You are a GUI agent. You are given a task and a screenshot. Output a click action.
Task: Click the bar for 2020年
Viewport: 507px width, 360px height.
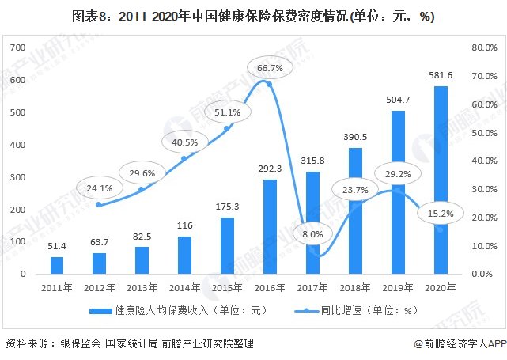point(441,180)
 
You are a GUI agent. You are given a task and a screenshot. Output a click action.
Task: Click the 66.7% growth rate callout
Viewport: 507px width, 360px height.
point(271,69)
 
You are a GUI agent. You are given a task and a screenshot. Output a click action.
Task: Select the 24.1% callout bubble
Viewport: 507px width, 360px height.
point(100,189)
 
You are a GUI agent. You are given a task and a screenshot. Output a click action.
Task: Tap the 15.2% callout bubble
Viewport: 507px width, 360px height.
point(440,212)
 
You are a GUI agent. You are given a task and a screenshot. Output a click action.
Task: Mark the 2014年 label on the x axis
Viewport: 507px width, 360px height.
point(184,286)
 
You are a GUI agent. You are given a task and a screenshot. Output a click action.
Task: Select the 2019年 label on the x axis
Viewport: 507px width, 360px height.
point(398,286)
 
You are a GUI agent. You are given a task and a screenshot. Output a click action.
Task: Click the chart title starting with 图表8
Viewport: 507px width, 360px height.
point(252,16)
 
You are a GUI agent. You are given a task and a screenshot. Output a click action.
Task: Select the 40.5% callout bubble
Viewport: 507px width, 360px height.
point(185,142)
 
